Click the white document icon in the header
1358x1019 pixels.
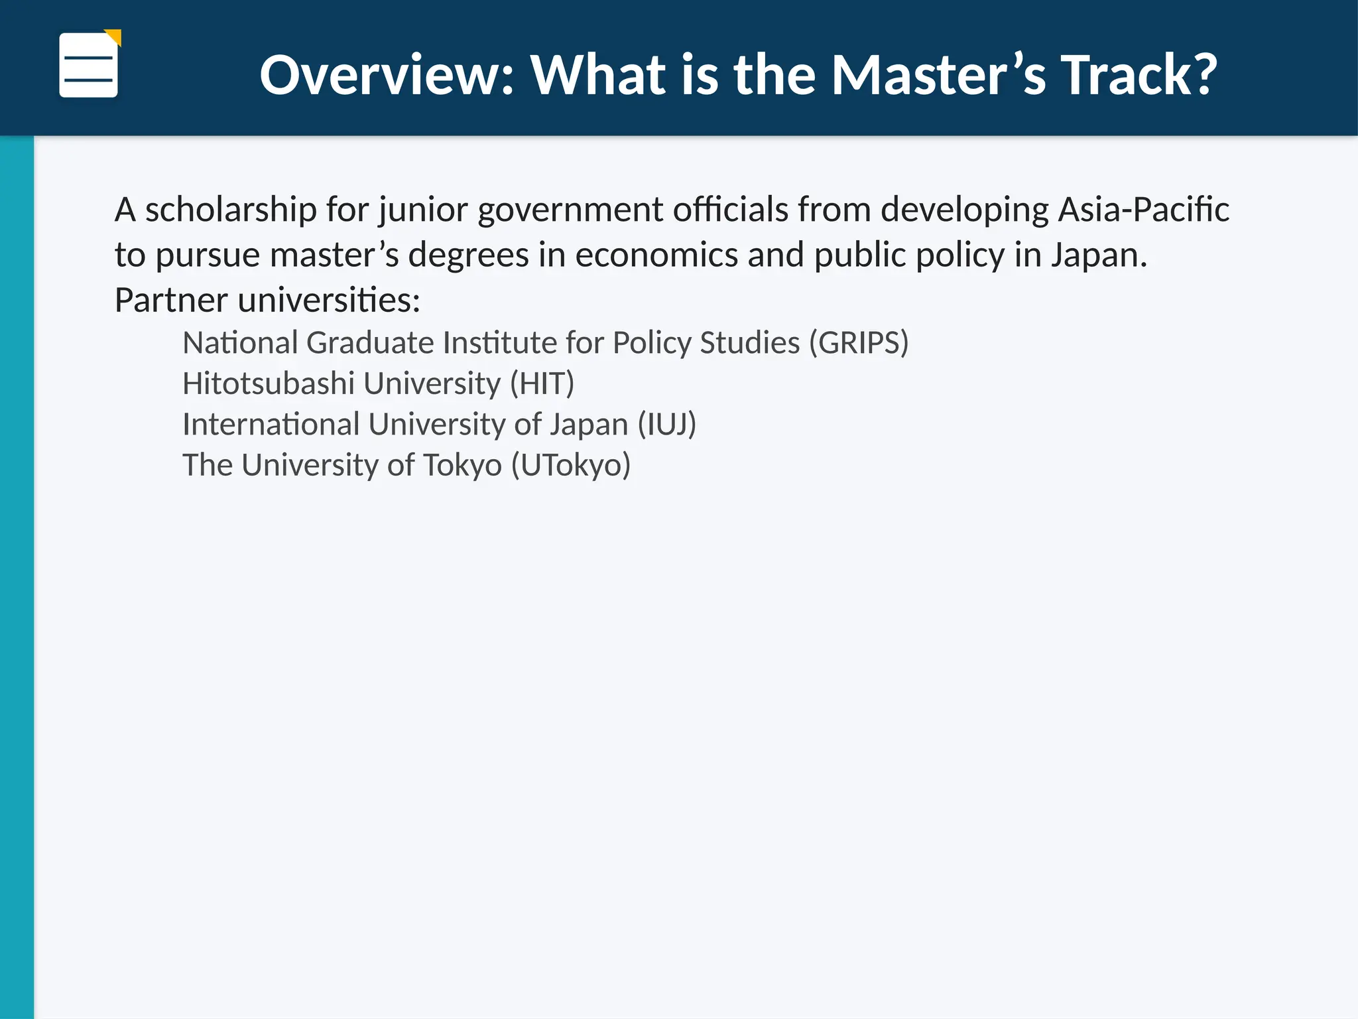(88, 66)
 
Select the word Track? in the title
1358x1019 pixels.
(1139, 75)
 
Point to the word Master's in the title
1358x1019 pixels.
(938, 75)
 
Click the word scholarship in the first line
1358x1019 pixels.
(231, 210)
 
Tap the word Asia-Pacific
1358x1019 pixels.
(1143, 210)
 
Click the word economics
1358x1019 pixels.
(656, 255)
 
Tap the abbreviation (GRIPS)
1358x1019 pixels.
(859, 344)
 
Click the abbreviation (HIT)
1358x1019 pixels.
(542, 384)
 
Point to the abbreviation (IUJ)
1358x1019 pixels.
(666, 425)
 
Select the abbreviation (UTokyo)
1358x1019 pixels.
(570, 466)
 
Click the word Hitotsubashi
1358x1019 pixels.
(269, 383)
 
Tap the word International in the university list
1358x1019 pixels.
(271, 425)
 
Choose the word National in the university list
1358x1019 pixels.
(240, 343)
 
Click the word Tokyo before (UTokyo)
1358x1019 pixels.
(462, 466)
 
